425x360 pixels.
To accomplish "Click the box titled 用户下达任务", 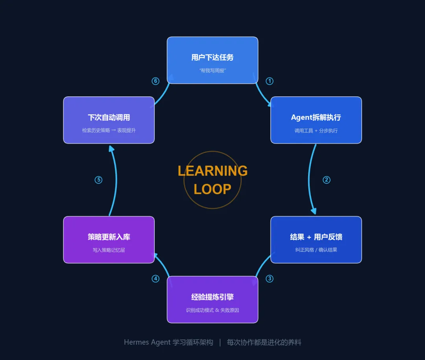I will [x=213, y=60].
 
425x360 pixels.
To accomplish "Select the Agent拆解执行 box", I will [x=316, y=120].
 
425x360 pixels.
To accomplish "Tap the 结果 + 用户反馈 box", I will [x=316, y=239].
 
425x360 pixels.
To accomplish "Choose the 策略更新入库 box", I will [x=109, y=239].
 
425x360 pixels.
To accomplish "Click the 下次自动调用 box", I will [x=109, y=120].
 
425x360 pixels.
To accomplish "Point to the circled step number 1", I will [x=270, y=81].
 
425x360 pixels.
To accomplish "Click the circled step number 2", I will [x=326, y=180].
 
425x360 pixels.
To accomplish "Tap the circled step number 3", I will [x=270, y=279].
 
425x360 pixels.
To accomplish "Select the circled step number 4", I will [x=155, y=279].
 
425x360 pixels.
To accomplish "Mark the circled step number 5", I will [x=98, y=180].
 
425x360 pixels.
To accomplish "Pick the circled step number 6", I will [x=155, y=81].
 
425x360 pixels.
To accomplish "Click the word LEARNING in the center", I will [x=213, y=171].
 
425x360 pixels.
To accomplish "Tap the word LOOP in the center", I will [x=213, y=189].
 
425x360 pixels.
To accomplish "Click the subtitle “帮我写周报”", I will [x=213, y=71].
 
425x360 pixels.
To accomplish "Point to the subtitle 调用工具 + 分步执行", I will [x=316, y=131].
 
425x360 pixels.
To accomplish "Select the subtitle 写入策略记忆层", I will [x=109, y=250].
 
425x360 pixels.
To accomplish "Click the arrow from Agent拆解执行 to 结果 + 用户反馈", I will [x=309, y=180].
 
